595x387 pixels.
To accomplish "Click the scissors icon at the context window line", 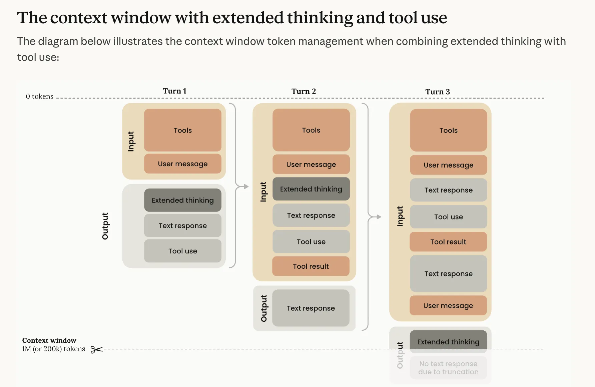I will [x=96, y=349].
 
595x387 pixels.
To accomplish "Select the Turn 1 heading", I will [x=174, y=91].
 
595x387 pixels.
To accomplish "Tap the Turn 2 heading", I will [x=304, y=91].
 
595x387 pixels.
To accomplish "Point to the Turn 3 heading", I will [x=438, y=92].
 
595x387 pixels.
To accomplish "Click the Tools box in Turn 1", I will [x=183, y=130].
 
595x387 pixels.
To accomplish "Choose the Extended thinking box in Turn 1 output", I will [x=183, y=200].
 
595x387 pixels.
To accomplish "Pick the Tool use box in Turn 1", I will [x=183, y=251].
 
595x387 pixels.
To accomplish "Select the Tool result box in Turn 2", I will [x=311, y=266].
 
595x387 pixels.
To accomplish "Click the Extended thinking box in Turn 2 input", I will [x=311, y=189].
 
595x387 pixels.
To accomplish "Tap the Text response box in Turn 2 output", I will [x=311, y=308].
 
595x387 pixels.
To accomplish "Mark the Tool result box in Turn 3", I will [x=448, y=242].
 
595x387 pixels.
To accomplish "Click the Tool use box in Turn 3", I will [x=448, y=217].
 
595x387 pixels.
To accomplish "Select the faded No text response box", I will [x=448, y=368].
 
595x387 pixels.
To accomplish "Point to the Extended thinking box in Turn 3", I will [x=448, y=342].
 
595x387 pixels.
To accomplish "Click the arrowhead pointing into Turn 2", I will [x=246, y=187].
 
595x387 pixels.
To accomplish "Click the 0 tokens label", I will [x=40, y=96].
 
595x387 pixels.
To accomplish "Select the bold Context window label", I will [x=49, y=340].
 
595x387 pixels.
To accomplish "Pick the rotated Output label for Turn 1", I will [x=105, y=226].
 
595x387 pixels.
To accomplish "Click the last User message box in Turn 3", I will [x=448, y=305].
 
